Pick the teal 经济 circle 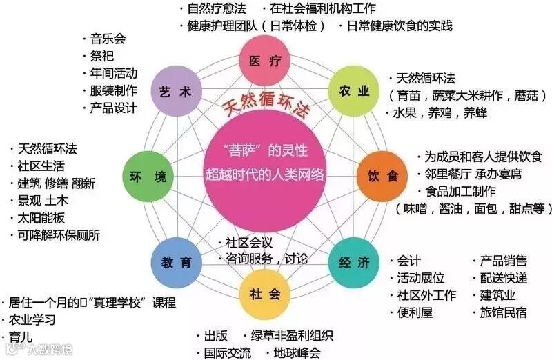[354, 262]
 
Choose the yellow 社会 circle [265, 294]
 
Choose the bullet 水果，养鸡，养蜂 [435, 113]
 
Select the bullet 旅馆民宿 [503, 312]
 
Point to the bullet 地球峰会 [297, 352]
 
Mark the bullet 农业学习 [32, 320]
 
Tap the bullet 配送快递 [503, 278]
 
